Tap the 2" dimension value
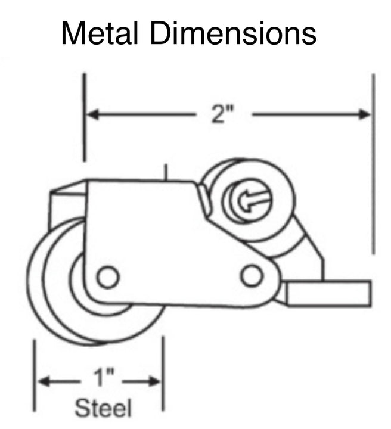(x=222, y=114)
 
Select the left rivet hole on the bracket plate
(x=108, y=277)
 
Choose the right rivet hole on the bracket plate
(x=252, y=275)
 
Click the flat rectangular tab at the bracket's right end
(x=328, y=293)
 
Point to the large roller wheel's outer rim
(x=36, y=286)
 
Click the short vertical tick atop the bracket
(x=167, y=173)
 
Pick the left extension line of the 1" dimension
(x=35, y=375)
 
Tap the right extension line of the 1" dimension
(x=163, y=375)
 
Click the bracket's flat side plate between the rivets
(x=179, y=262)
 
